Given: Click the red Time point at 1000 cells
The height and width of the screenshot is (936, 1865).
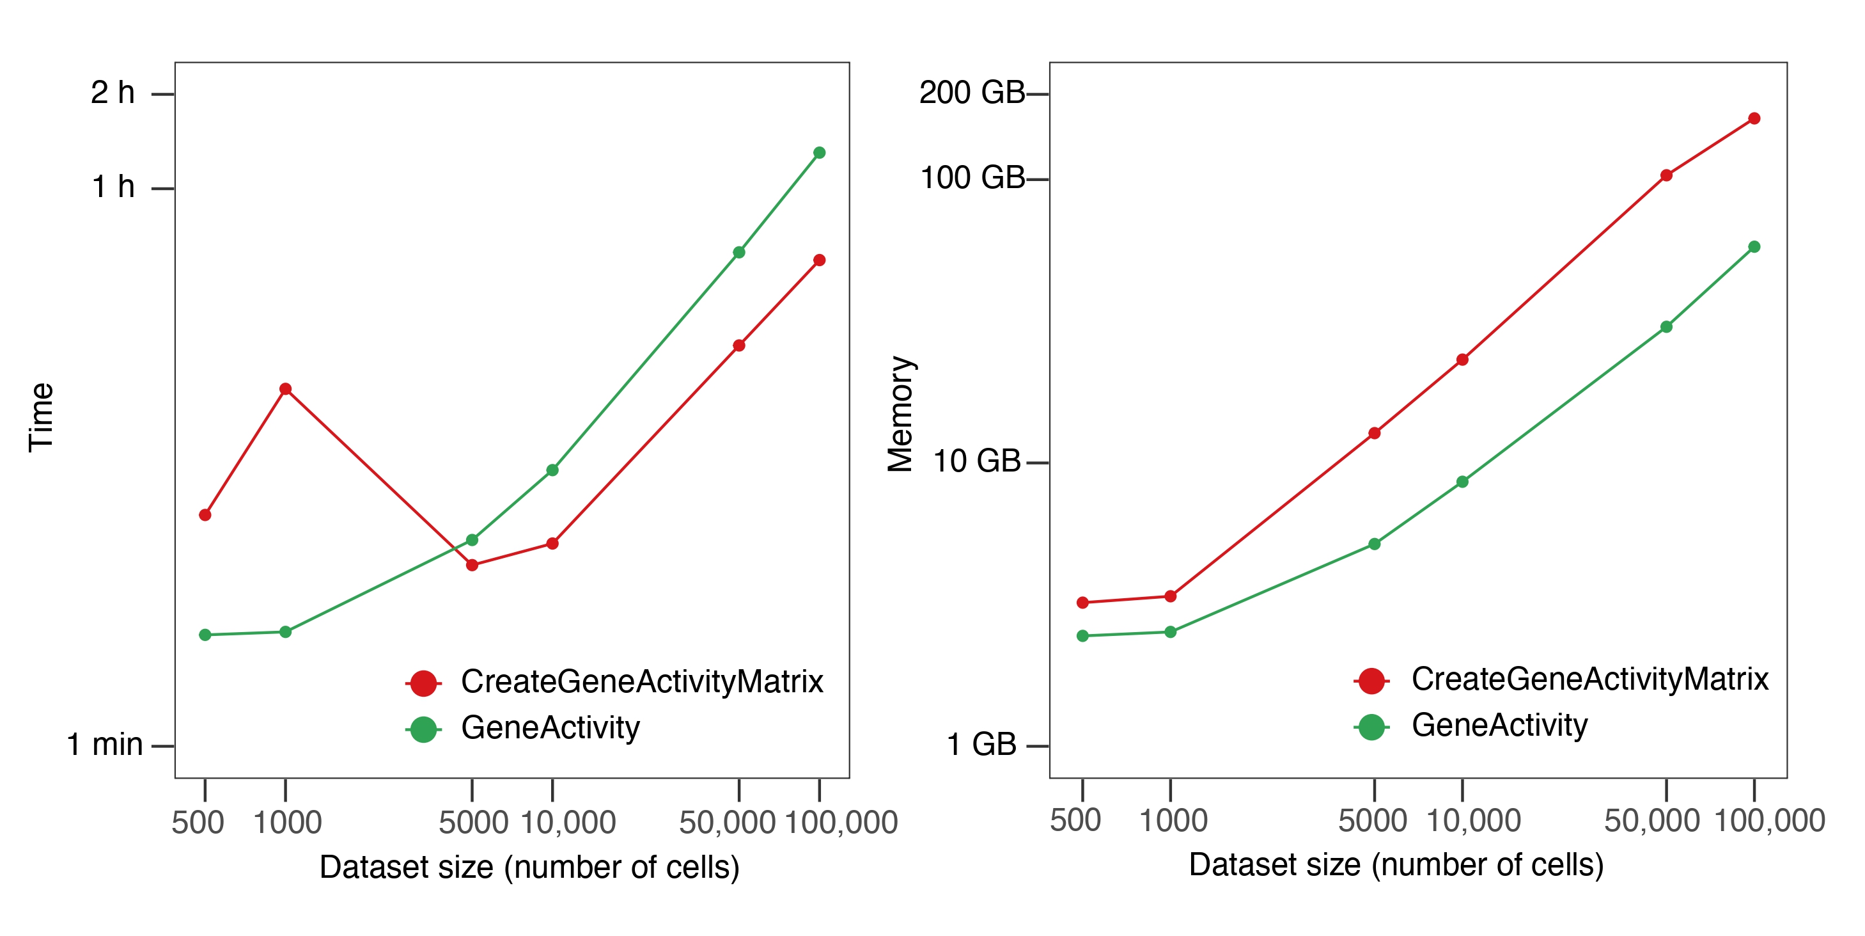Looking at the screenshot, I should pyautogui.click(x=285, y=389).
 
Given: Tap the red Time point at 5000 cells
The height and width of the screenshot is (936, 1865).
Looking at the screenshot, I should pyautogui.click(x=472, y=565).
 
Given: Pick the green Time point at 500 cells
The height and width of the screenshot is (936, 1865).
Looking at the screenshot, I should pyautogui.click(x=205, y=635).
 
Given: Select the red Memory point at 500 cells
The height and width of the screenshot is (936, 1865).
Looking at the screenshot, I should pyautogui.click(x=1082, y=602).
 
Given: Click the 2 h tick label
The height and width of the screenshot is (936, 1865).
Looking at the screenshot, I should pyautogui.click(x=113, y=93).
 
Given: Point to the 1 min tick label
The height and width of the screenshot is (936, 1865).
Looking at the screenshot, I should pyautogui.click(x=105, y=745).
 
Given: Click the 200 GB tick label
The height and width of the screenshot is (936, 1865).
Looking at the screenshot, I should pyautogui.click(x=972, y=93).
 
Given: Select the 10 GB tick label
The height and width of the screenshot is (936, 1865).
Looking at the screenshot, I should pyautogui.click(x=977, y=461).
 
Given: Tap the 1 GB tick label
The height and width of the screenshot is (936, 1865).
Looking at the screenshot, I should pyautogui.click(x=982, y=745).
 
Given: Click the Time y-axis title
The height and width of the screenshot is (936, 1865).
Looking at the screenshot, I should pyautogui.click(x=42, y=418).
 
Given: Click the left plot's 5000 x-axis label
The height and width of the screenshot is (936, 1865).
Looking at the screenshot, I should pyautogui.click(x=472, y=823).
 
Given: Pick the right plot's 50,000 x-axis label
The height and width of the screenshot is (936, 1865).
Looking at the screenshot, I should pyautogui.click(x=1651, y=821).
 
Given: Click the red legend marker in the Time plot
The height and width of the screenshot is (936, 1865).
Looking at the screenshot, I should pyautogui.click(x=423, y=683).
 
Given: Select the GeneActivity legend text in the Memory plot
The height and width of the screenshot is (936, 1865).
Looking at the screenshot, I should pyautogui.click(x=1499, y=725).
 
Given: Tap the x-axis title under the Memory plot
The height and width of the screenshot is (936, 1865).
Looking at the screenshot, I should pyautogui.click(x=1396, y=865).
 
